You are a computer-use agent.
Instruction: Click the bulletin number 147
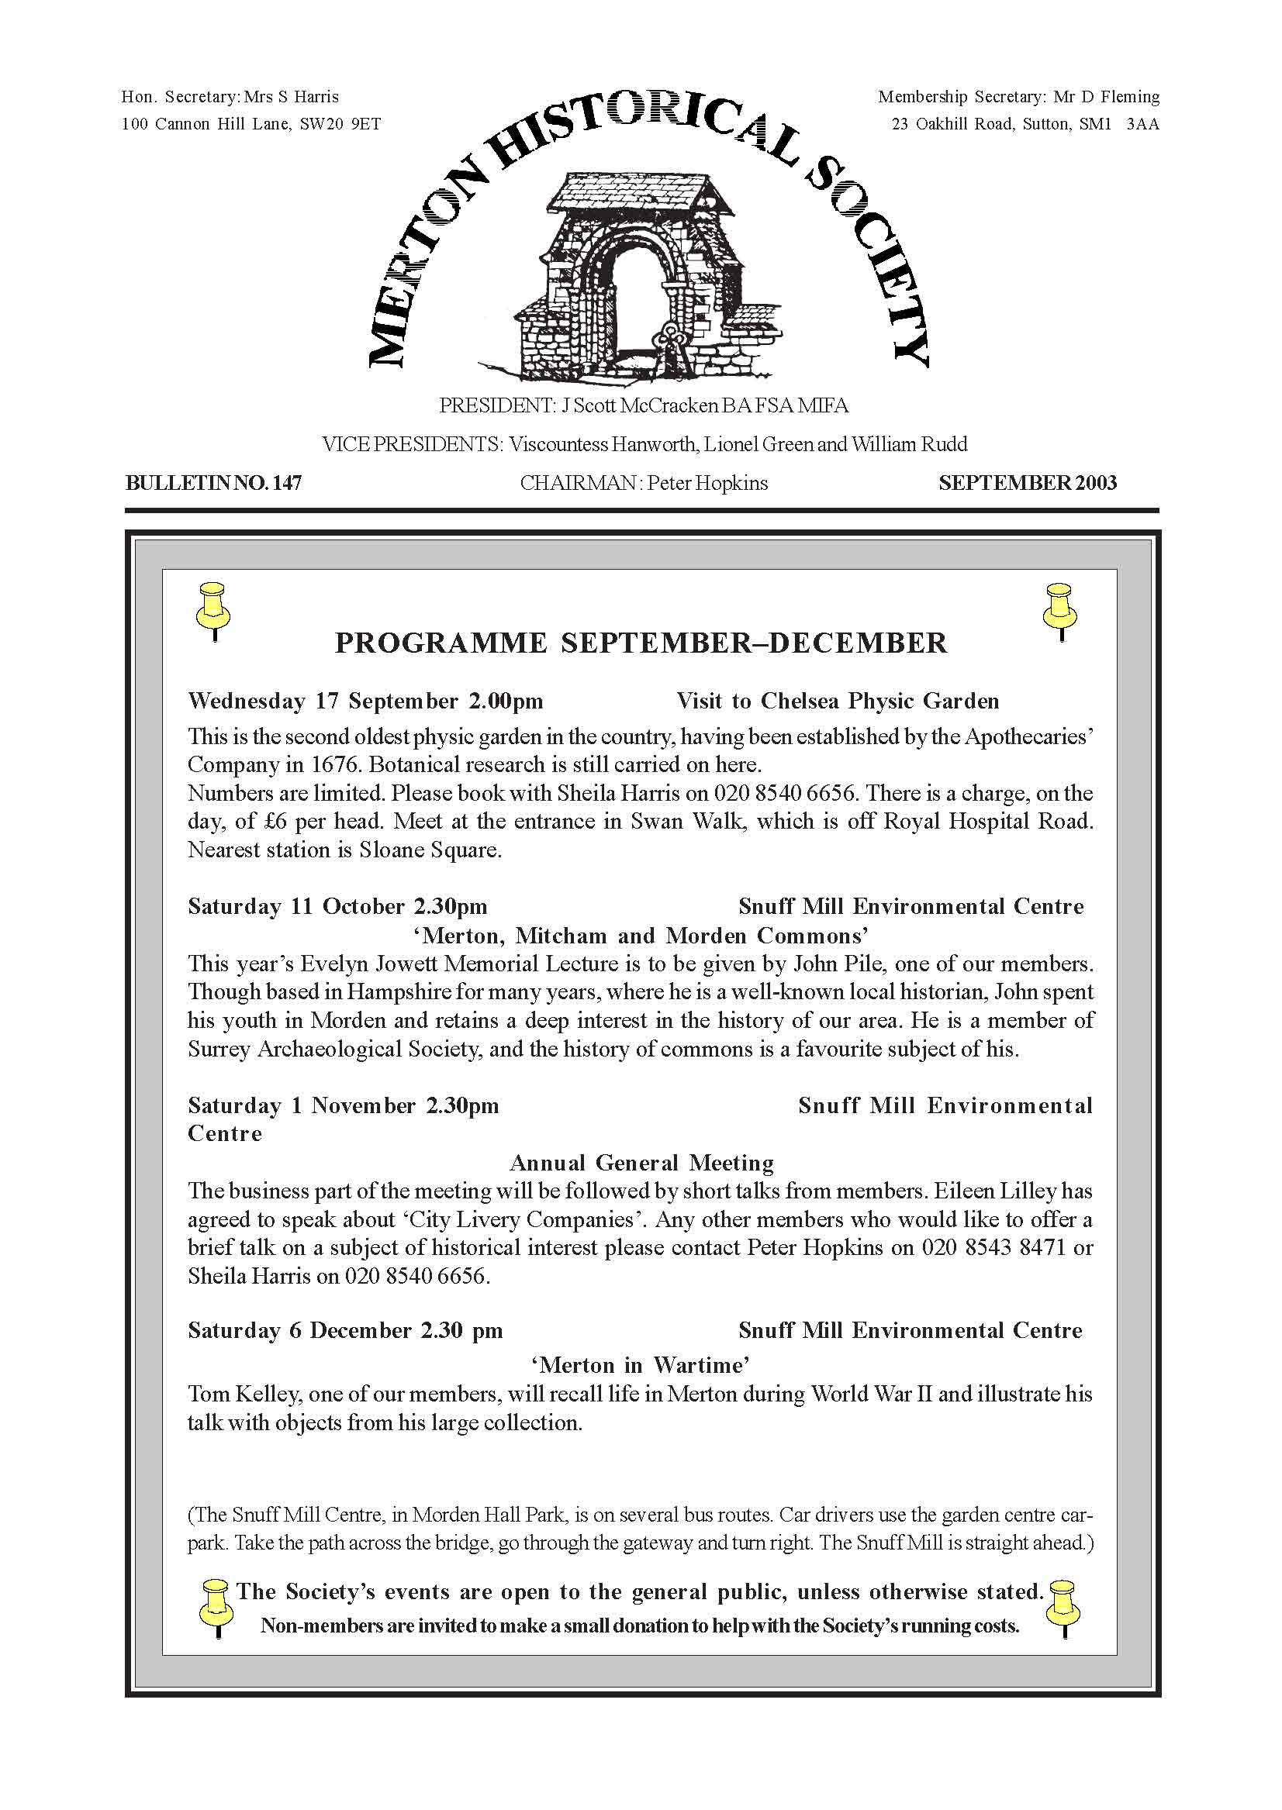[286, 483]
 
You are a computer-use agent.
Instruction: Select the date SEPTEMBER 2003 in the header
[1027, 483]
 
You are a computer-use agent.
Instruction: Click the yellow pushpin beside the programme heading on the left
[213, 612]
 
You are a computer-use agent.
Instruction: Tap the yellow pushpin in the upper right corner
[1060, 612]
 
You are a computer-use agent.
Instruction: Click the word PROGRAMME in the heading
[441, 643]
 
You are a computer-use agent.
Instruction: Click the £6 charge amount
[275, 822]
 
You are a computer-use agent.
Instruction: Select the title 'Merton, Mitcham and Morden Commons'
[640, 936]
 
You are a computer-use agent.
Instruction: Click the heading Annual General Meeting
[641, 1163]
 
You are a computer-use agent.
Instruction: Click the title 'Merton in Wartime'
[640, 1365]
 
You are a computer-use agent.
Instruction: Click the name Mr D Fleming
[1106, 97]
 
